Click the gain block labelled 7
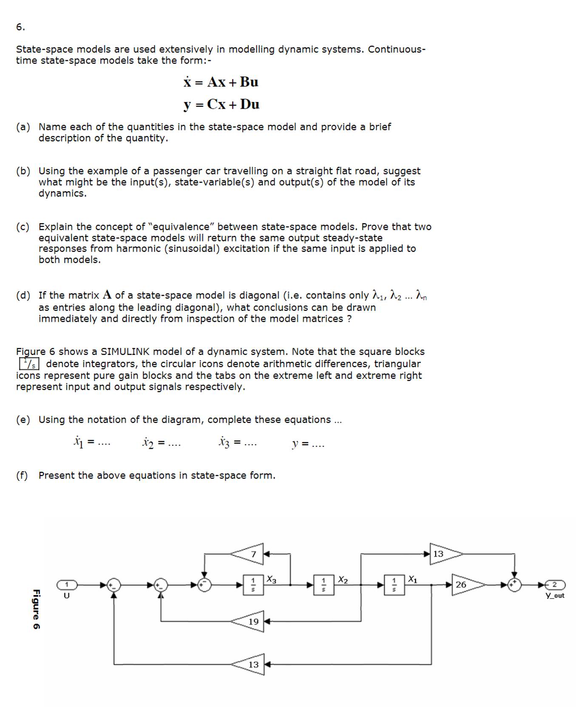pyautogui.click(x=249, y=554)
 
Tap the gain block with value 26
pyautogui.click(x=465, y=585)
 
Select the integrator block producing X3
pyautogui.click(x=253, y=585)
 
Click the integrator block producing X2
pyautogui.click(x=323, y=585)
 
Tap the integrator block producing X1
pyautogui.click(x=394, y=585)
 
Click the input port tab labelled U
pyautogui.click(x=67, y=585)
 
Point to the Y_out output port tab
pyautogui.click(x=554, y=585)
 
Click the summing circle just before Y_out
pyautogui.click(x=514, y=585)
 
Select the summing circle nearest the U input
pyautogui.click(x=113, y=585)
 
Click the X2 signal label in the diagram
pyautogui.click(x=343, y=579)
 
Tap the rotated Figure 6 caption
pyautogui.click(x=37, y=609)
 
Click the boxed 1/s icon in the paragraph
pyautogui.click(x=29, y=364)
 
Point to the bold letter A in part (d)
pyautogui.click(x=107, y=295)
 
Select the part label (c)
pyautogui.click(x=23, y=227)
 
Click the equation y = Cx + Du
pyautogui.click(x=221, y=104)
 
